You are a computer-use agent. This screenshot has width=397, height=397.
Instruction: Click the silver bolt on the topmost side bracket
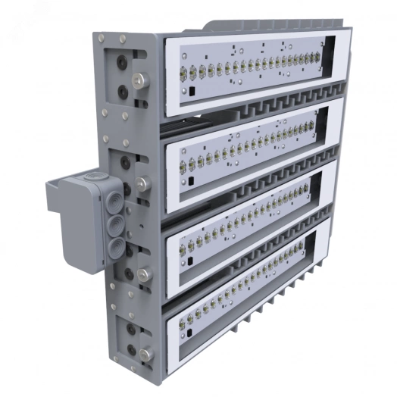[139, 78]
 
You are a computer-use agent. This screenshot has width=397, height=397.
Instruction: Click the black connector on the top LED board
[191, 92]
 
